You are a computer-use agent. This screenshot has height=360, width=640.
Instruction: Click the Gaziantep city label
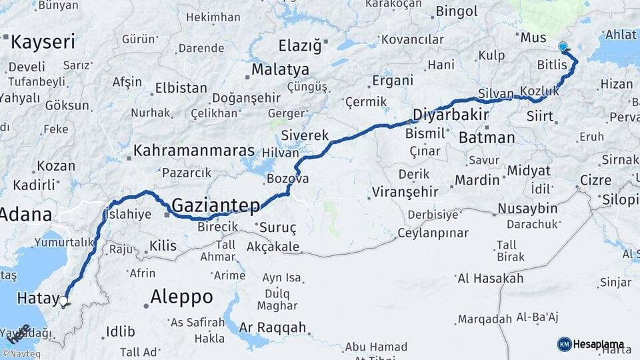[x=215, y=205]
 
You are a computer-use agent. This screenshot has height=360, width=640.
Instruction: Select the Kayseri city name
[x=43, y=43]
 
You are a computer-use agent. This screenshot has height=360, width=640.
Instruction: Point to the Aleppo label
[x=181, y=296]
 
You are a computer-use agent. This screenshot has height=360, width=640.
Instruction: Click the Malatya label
[x=280, y=69]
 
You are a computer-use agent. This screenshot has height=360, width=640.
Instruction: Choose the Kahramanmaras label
[x=194, y=150]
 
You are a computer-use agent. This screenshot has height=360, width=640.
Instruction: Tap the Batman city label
[x=487, y=138]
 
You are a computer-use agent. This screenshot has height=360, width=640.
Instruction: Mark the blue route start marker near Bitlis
[x=563, y=47]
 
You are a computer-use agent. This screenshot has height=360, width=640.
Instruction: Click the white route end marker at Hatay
[x=63, y=301]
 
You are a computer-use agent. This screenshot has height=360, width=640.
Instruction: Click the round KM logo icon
[x=564, y=344]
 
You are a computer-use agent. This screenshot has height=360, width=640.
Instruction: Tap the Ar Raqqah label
[x=272, y=327]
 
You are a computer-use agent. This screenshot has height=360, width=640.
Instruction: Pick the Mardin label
[x=477, y=180]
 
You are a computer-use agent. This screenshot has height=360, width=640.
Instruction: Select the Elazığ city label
[x=299, y=47]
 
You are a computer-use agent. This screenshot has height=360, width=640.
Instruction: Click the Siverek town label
[x=305, y=135]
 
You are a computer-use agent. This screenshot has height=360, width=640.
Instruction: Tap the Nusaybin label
[x=527, y=209]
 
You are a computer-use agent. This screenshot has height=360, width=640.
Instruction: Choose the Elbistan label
[x=181, y=88]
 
